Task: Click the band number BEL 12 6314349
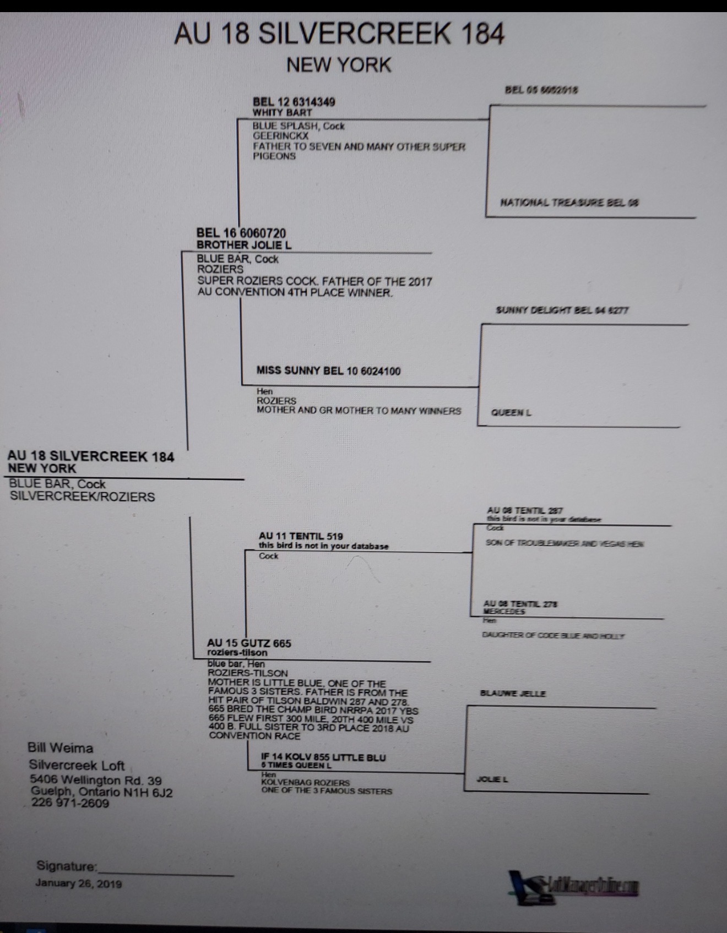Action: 294,102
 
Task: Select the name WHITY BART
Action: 282,112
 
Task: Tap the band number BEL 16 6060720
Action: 241,233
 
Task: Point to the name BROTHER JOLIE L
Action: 244,245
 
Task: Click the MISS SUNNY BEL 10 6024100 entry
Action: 328,370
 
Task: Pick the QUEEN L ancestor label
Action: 511,412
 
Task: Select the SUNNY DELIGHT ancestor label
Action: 562,310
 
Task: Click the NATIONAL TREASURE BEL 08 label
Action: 569,203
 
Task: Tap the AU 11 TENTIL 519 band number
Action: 301,536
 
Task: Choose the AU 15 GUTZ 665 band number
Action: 249,643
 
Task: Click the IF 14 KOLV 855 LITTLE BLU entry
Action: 323,757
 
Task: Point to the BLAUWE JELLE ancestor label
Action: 513,694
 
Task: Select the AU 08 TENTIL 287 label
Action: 524,511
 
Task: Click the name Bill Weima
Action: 61,748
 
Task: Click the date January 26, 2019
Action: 79,883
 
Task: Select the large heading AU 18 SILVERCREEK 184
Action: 339,34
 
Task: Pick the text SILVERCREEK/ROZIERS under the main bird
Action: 82,496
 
